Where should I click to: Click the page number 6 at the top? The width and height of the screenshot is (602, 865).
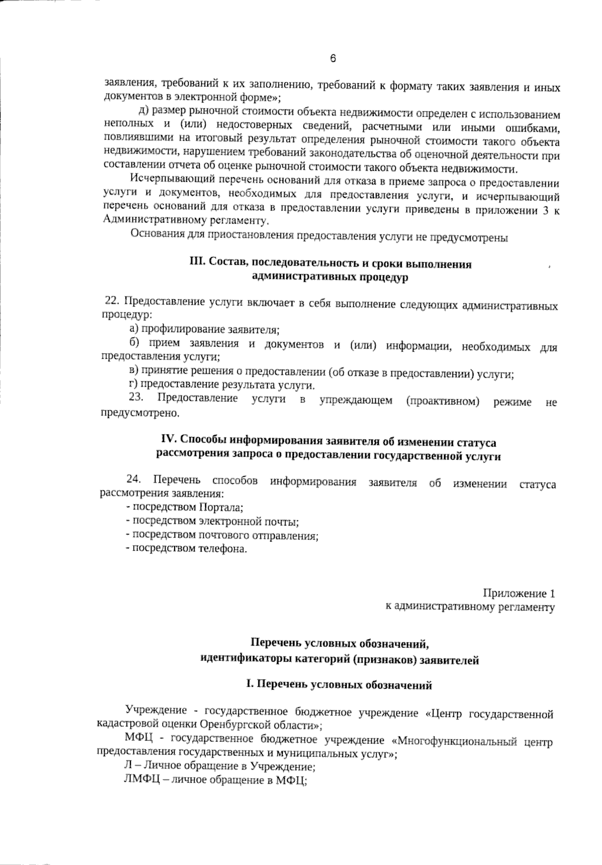tap(333, 59)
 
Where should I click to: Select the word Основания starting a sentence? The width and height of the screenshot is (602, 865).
tap(153, 234)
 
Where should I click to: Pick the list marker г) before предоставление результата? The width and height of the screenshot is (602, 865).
tap(133, 385)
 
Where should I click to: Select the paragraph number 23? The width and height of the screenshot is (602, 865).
tap(136, 398)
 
